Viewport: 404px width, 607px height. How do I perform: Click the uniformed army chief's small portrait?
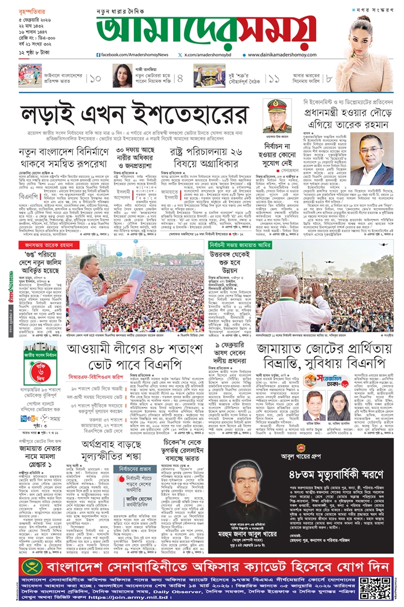pyautogui.click(x=275, y=116)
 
